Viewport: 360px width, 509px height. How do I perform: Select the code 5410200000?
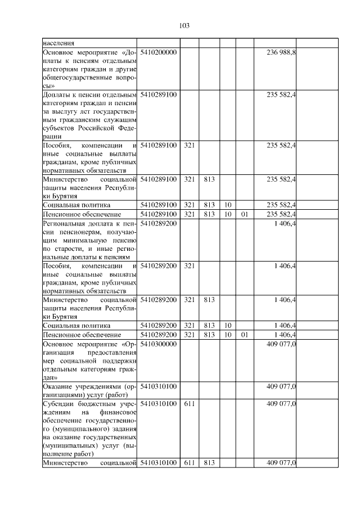[159, 52]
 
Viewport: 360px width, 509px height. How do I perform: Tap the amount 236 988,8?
[281, 52]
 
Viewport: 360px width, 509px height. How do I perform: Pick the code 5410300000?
[159, 343]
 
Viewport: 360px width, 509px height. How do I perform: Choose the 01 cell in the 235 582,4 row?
[244, 214]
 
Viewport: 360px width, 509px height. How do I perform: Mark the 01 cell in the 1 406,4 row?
[244, 335]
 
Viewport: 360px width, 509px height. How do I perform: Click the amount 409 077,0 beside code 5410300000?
[281, 343]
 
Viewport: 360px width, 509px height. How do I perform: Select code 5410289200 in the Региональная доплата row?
[159, 223]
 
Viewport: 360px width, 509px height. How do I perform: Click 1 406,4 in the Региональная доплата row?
[285, 223]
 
